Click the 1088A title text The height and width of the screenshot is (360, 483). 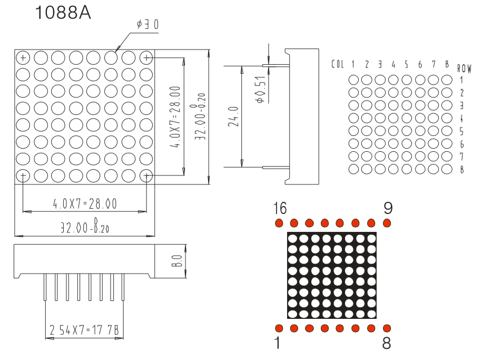pyautogui.click(x=63, y=13)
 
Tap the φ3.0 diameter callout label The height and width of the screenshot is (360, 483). pyautogui.click(x=148, y=24)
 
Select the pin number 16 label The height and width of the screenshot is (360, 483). pyautogui.click(x=280, y=208)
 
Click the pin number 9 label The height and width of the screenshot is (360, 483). pyautogui.click(x=388, y=208)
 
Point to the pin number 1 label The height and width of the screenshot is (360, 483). pyautogui.click(x=278, y=343)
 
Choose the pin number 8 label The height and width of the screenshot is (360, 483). pyautogui.click(x=387, y=343)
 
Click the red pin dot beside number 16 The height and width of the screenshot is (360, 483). pyautogui.click(x=279, y=223)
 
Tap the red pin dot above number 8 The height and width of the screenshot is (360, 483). pyautogui.click(x=387, y=328)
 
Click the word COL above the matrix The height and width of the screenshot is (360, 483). pyautogui.click(x=338, y=64)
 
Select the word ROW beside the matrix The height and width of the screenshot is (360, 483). pyautogui.click(x=464, y=69)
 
